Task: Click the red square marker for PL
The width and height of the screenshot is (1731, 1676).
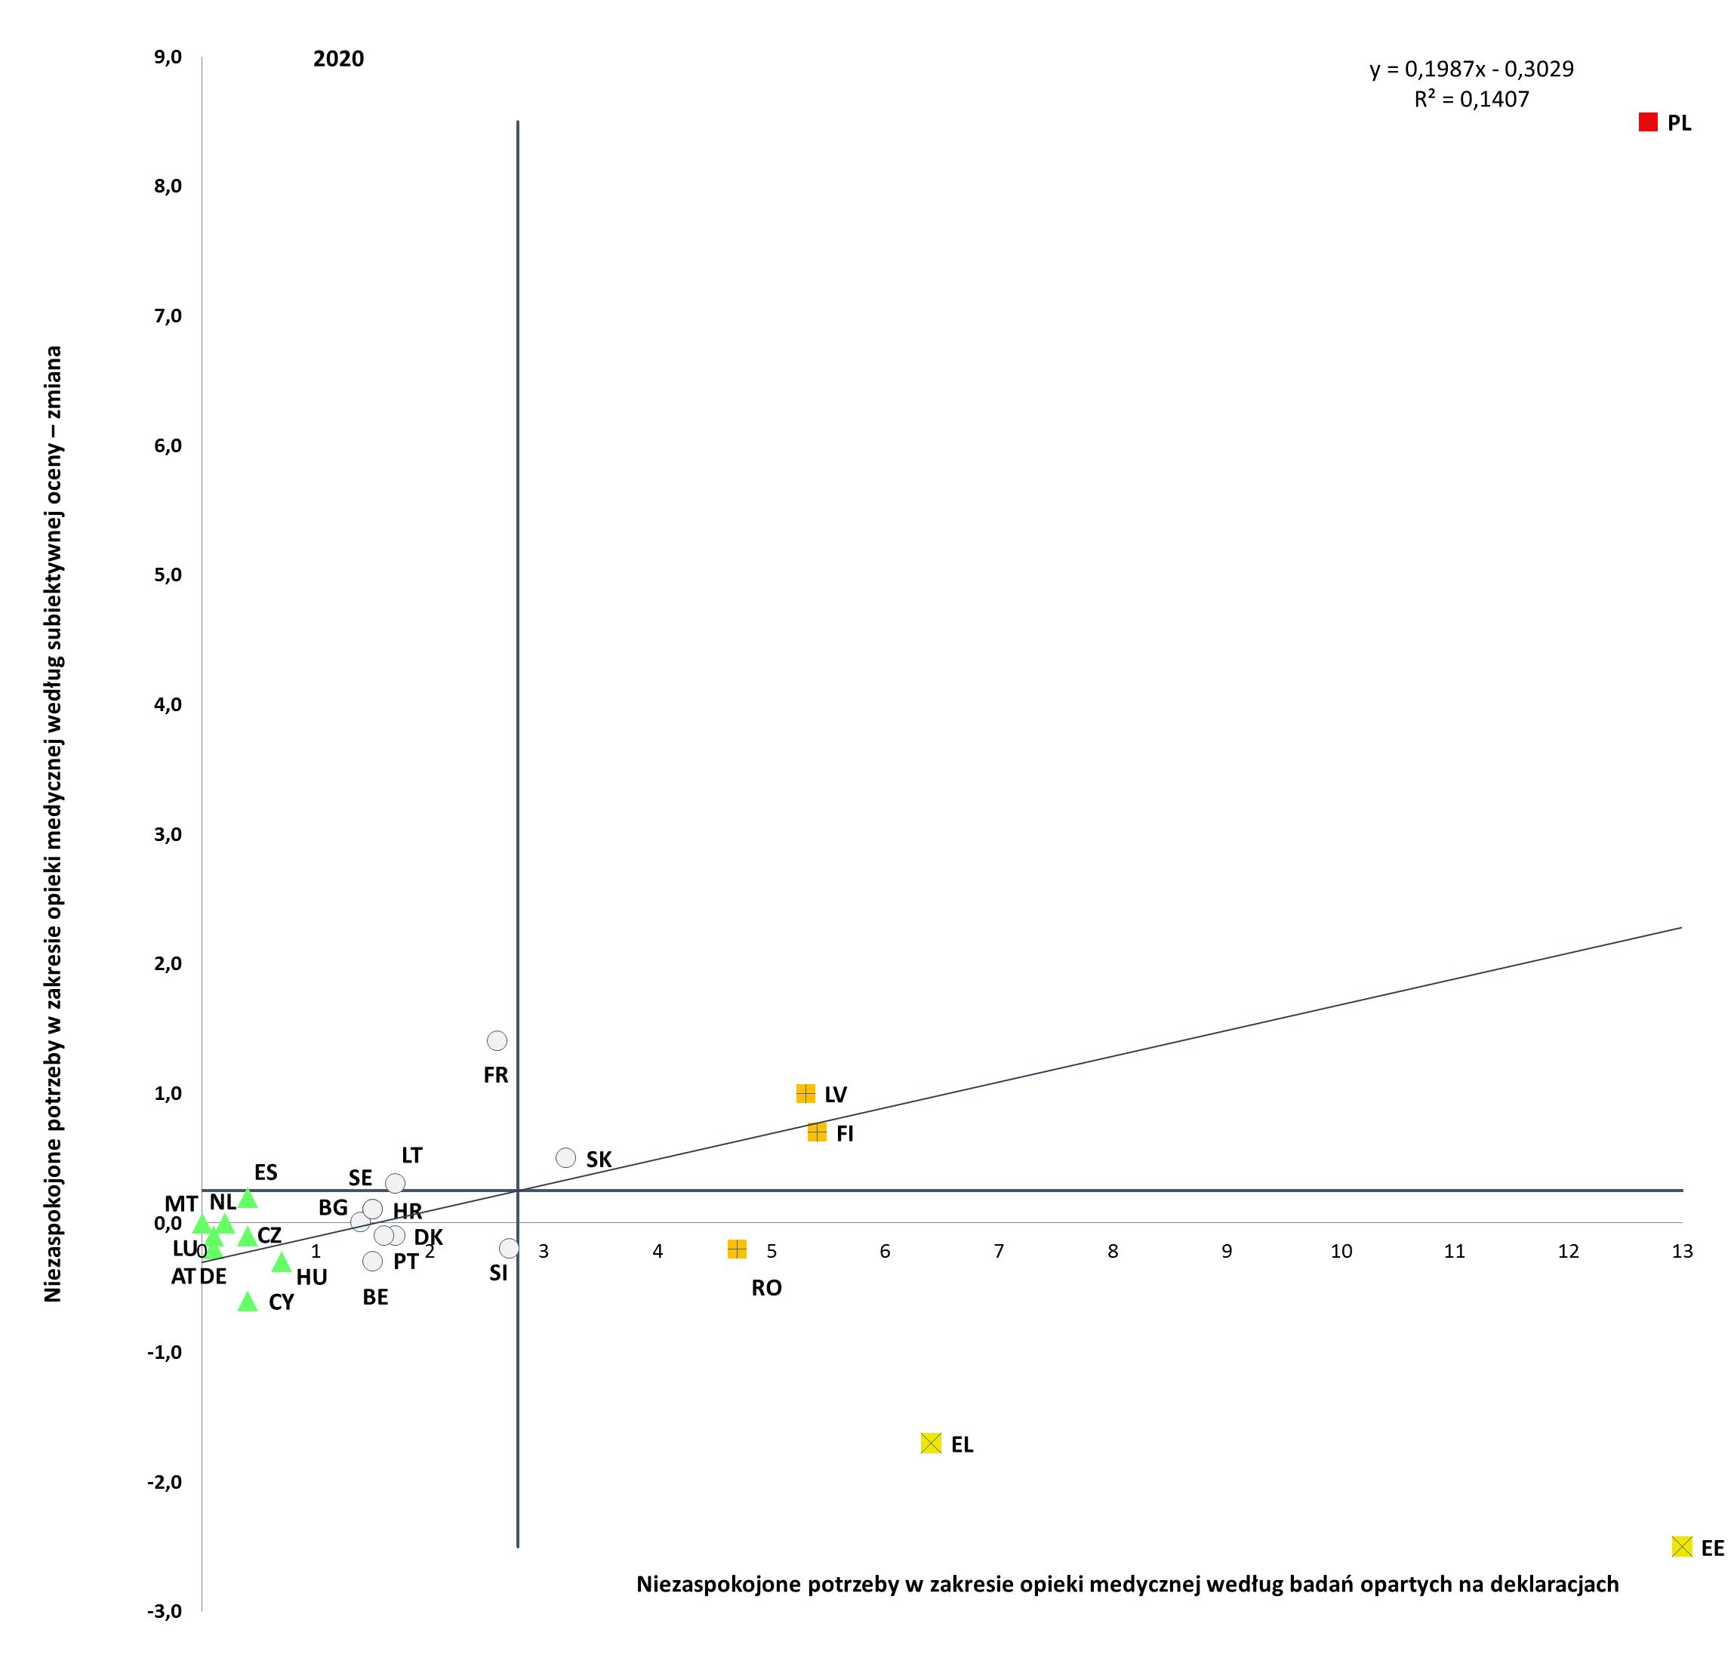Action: [1648, 122]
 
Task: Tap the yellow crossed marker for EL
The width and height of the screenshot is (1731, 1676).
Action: [931, 1443]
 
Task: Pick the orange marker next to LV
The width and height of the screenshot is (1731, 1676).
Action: [805, 1093]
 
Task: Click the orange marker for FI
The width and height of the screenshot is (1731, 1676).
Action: [817, 1132]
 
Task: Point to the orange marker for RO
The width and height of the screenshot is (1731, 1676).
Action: [737, 1249]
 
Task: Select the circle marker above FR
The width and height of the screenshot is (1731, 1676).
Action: [497, 1041]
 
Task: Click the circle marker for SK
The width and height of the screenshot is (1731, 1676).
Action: [566, 1157]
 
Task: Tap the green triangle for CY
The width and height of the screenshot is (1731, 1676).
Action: [248, 1302]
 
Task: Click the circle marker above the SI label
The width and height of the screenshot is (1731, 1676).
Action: [509, 1248]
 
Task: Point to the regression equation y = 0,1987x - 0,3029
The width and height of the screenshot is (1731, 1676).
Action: [1471, 69]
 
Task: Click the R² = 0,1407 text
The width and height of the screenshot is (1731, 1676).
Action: [1471, 99]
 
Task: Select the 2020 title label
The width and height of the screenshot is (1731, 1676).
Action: [338, 58]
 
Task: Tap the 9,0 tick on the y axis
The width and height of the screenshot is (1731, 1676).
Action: [168, 57]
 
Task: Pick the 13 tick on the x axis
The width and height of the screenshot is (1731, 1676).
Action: [1681, 1250]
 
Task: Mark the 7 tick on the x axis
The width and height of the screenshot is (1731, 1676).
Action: [999, 1250]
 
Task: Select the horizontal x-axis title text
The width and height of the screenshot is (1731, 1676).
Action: [1127, 1583]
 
